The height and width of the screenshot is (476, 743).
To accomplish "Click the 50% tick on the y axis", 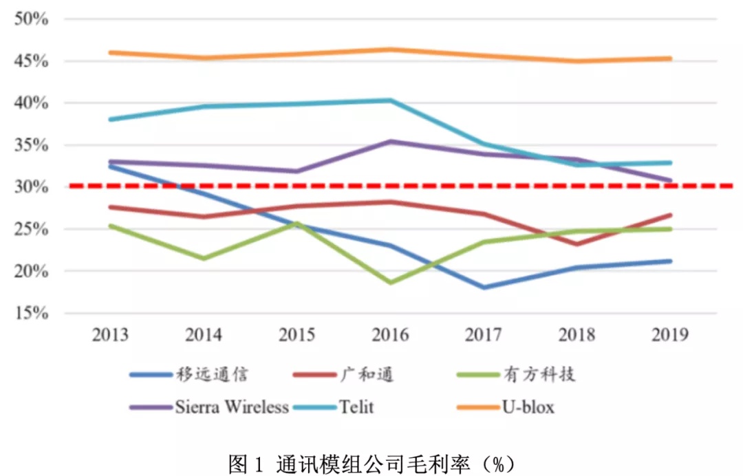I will (31, 19).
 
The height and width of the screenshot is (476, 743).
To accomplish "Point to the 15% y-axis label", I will (31, 314).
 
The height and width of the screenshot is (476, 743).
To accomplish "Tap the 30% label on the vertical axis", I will (31, 187).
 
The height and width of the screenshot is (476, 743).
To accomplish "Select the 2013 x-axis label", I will (110, 336).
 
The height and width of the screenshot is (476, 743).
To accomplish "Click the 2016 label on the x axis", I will (390, 336).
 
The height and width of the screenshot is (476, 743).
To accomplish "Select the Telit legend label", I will (356, 407).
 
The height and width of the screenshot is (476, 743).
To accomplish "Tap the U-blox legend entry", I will (527, 407).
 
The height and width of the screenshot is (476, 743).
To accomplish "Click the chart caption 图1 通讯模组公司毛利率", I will (371, 463).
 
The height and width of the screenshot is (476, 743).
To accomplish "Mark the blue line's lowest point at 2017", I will (484, 288).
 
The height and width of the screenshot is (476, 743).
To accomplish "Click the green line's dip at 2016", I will (391, 283).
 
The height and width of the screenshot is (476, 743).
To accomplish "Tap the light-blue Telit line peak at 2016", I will (391, 100).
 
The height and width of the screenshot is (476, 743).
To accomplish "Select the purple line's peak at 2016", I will (391, 142).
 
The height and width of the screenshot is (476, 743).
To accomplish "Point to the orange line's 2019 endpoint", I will (670, 58).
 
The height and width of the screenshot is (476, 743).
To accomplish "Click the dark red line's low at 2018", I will (577, 244).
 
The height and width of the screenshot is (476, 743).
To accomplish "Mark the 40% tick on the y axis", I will (31, 103).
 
